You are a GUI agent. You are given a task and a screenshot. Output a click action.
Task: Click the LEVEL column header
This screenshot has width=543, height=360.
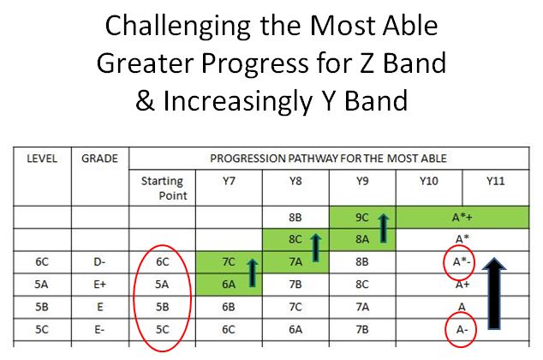pos(42,159)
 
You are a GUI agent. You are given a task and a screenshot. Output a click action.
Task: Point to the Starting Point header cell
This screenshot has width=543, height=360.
pos(162,188)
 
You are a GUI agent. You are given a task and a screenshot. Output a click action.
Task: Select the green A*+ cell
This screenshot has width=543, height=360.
pos(462,219)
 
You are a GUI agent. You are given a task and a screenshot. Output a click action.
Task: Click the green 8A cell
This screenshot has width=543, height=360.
pos(361,240)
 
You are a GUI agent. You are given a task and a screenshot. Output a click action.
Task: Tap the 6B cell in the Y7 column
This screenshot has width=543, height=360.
pos(228,305)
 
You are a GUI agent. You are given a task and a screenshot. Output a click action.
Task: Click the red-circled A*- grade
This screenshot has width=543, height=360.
pos(461,261)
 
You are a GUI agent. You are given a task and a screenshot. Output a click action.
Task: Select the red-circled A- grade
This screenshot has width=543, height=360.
pos(461,327)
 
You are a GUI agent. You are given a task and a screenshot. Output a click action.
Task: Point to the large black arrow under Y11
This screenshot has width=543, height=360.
pos(492,296)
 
